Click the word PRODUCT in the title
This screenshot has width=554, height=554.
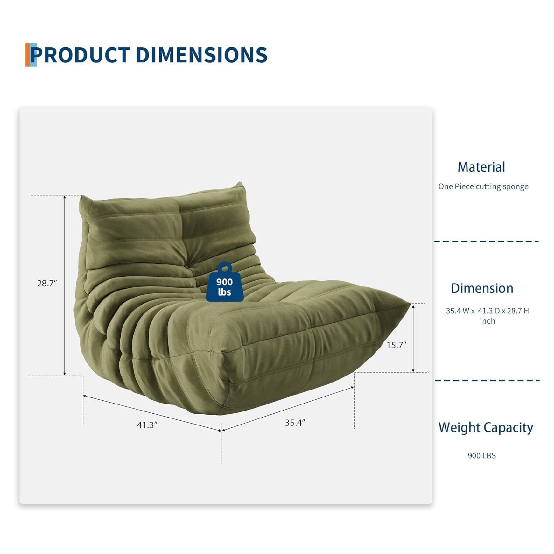coord(80,55)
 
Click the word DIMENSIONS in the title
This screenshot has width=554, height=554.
coord(201,55)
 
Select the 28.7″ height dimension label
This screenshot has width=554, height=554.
coord(47,283)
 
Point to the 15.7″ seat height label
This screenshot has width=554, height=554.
coord(396,345)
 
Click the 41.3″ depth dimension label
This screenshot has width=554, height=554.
coord(147,425)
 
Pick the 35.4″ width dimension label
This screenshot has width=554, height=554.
coord(295,423)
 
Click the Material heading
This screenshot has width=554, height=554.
coord(481,167)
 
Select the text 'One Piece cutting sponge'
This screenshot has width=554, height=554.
coord(483,187)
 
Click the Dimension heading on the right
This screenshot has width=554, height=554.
coord(482,288)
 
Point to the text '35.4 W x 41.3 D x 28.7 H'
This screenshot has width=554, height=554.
coord(487,311)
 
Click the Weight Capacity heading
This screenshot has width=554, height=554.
coord(486,427)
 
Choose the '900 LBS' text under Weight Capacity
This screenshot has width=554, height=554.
coord(482,455)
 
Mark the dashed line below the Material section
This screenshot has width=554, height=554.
coord(486,242)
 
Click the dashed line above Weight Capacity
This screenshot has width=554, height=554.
coord(486,380)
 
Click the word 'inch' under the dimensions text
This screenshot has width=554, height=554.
coord(488,321)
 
